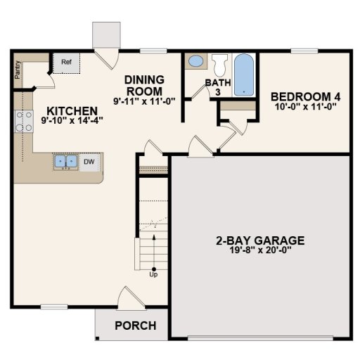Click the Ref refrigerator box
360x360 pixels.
67,63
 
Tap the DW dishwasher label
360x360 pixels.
89,162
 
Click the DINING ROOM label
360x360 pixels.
145,85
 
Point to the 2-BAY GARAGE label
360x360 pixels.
259,238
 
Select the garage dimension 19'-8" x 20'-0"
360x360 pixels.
259,249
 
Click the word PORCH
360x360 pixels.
135,326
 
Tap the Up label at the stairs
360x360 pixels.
153,274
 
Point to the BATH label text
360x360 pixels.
213,83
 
